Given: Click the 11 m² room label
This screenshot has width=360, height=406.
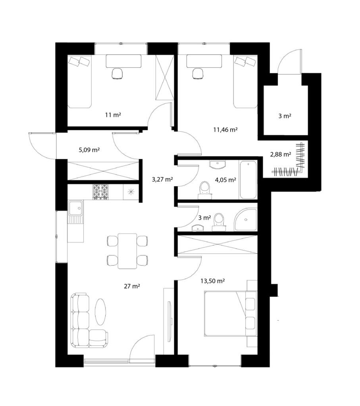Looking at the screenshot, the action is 113,115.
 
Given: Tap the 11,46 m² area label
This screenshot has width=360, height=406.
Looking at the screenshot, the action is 225,130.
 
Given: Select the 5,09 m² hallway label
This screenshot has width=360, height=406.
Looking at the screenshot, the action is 89,149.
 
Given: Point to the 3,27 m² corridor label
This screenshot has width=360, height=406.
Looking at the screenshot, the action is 162,179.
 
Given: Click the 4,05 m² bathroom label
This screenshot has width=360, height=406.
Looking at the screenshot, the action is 225,180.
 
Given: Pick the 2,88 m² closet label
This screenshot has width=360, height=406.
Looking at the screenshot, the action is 281,155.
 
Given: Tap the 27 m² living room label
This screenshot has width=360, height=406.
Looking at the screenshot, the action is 132,286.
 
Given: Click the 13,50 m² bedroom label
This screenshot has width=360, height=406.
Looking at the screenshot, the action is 212,281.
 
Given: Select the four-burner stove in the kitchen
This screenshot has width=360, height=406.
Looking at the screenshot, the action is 100,192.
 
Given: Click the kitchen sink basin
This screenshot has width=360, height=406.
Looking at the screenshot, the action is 76,208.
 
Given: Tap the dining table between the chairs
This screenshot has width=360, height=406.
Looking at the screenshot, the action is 127,251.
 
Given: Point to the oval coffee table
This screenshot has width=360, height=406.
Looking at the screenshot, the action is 100,312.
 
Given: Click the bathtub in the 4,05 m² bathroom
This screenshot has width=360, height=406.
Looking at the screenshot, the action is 248,180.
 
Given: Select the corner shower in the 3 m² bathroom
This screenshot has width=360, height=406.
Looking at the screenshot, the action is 246,219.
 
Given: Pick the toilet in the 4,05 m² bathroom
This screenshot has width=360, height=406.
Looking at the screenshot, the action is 205,190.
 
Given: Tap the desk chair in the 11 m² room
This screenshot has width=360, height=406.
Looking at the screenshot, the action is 117,73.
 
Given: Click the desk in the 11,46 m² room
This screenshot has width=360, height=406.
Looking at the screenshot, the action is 204,61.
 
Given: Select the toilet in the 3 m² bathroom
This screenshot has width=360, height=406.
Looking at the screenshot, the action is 219,222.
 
